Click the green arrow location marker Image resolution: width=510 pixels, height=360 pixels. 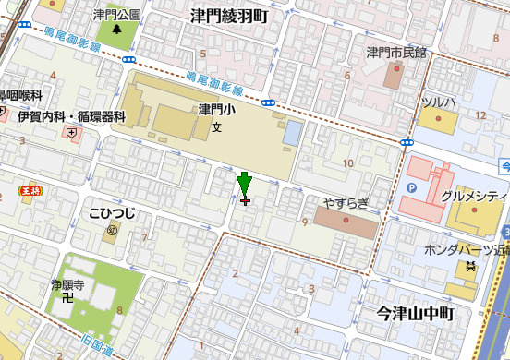click(x=244, y=184)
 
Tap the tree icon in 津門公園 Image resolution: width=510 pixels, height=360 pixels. click(x=117, y=30)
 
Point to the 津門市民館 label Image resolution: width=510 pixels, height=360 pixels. click(x=396, y=52)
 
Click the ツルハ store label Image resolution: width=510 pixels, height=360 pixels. click(x=438, y=101)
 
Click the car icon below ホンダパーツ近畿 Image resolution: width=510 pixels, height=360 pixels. click(x=471, y=268)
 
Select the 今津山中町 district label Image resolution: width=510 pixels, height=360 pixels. click(x=417, y=314)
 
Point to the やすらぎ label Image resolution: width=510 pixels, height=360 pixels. click(x=346, y=202)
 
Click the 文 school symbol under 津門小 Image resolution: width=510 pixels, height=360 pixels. click(x=217, y=126)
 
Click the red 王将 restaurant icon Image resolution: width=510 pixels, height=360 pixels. click(x=30, y=191)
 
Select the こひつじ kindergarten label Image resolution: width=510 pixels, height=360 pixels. click(x=112, y=213)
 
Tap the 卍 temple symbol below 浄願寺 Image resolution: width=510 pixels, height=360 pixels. click(x=67, y=298)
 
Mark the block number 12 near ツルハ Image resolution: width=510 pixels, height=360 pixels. click(x=480, y=114)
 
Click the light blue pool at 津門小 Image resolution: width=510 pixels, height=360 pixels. click(x=292, y=133)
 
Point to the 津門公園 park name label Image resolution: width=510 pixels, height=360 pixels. click(x=117, y=15)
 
